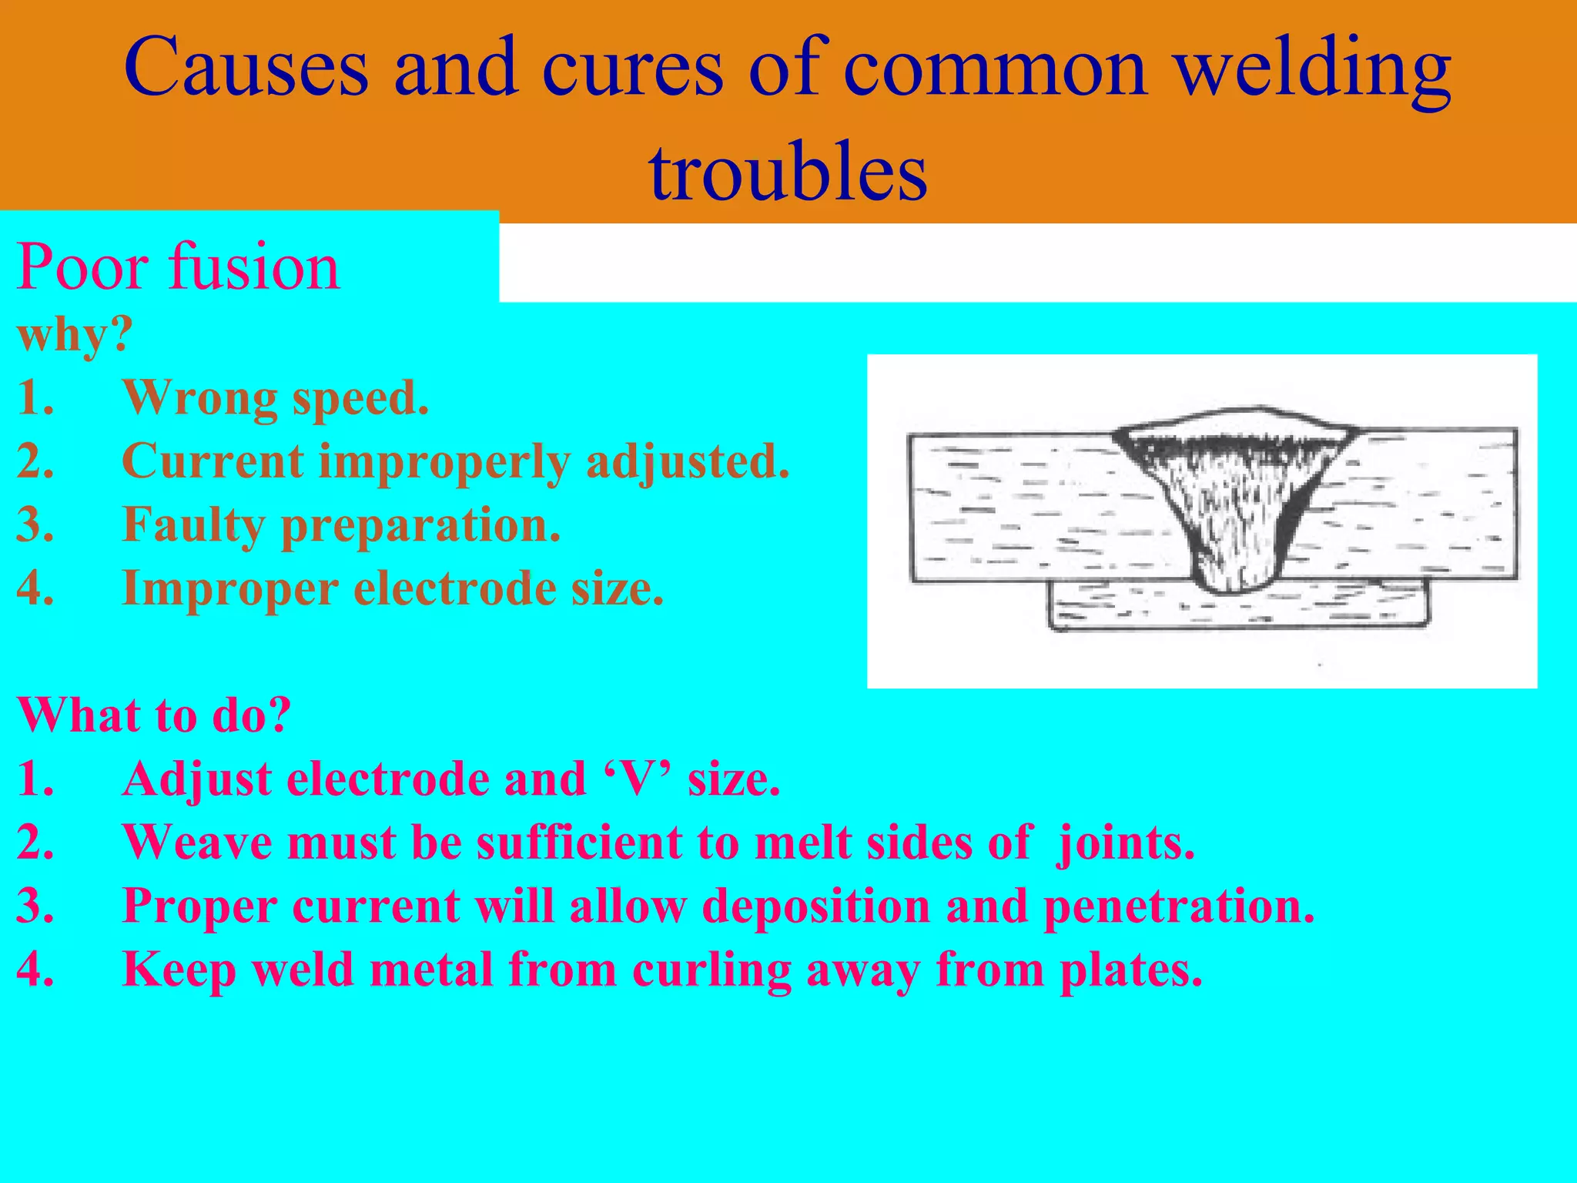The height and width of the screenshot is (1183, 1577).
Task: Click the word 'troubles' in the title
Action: click(x=788, y=171)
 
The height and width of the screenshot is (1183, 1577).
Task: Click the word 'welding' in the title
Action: click(x=1314, y=69)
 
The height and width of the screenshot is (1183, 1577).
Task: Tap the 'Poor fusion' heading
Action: click(x=178, y=266)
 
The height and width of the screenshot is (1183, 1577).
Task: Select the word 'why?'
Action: click(x=75, y=336)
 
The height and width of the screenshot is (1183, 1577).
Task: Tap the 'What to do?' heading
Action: click(x=154, y=714)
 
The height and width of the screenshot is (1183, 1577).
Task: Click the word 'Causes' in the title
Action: click(x=246, y=69)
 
